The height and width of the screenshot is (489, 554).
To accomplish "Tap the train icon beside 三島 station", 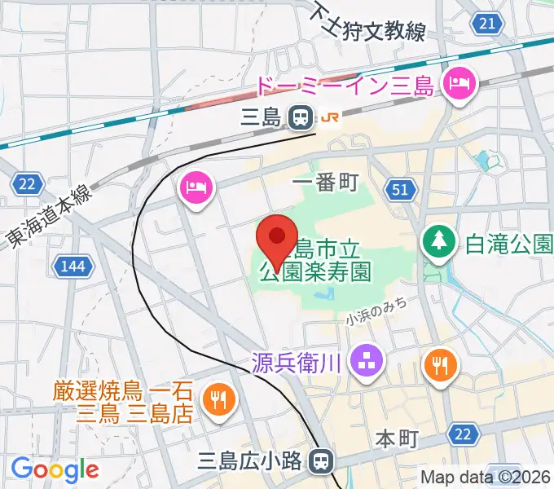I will (301, 118).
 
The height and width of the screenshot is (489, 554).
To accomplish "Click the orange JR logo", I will (330, 118).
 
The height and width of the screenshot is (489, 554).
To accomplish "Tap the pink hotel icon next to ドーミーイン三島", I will (458, 83).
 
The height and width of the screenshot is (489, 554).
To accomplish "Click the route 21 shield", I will (487, 24).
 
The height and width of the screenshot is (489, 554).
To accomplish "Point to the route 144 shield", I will (72, 265).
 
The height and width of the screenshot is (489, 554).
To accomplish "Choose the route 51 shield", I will (400, 190).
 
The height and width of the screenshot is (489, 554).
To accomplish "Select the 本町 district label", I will (397, 439).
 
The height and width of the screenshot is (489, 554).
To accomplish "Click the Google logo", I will (55, 469).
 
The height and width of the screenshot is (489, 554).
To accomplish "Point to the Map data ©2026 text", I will (486, 477).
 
